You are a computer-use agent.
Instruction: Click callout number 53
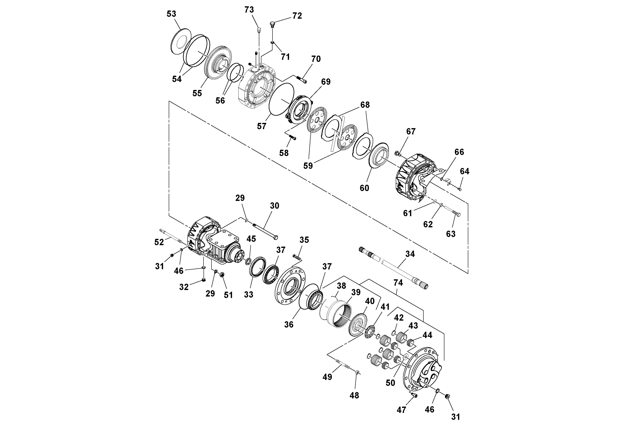click(x=171, y=14)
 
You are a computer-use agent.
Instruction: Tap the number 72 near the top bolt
click(x=297, y=16)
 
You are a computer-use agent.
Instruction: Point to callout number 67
click(x=411, y=132)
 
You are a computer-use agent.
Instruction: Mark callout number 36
click(x=289, y=324)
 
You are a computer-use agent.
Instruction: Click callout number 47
click(x=401, y=410)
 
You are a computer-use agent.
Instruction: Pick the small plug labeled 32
click(x=204, y=280)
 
